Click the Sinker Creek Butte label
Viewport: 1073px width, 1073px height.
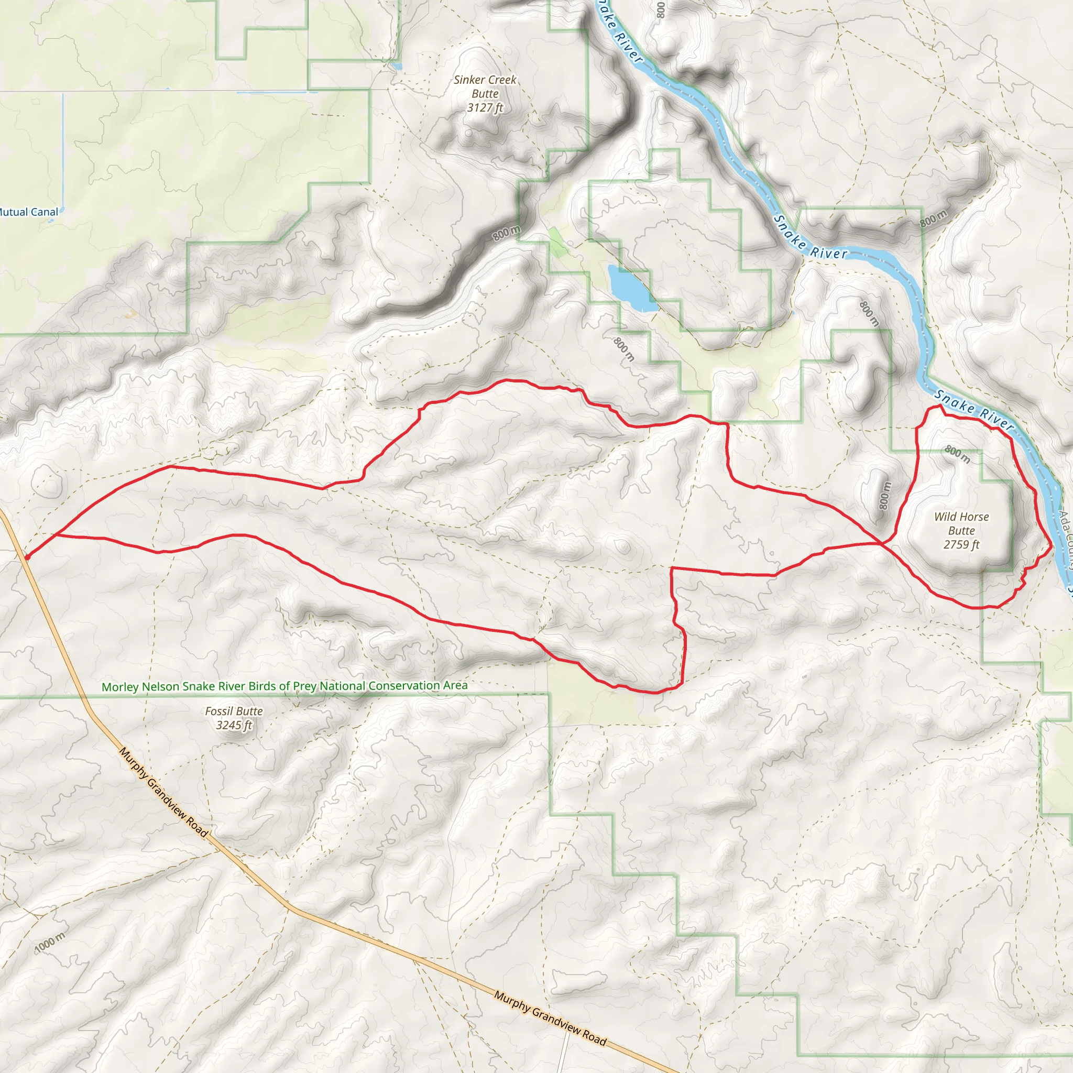[x=485, y=86]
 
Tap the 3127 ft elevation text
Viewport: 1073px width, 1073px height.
[x=485, y=108]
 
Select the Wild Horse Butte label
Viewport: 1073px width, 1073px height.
[x=961, y=523]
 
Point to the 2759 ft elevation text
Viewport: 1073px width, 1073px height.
[x=961, y=544]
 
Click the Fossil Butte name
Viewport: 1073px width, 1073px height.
[x=234, y=711]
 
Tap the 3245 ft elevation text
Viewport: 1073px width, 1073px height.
[x=234, y=725]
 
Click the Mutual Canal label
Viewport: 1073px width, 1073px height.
[x=28, y=212]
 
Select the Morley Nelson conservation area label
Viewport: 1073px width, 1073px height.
[x=284, y=686]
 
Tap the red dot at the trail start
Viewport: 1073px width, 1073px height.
[x=27, y=556]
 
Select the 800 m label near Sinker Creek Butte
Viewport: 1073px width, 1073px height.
[x=507, y=233]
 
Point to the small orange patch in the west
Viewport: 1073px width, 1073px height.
[x=130, y=314]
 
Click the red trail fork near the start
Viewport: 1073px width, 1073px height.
[x=56, y=535]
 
